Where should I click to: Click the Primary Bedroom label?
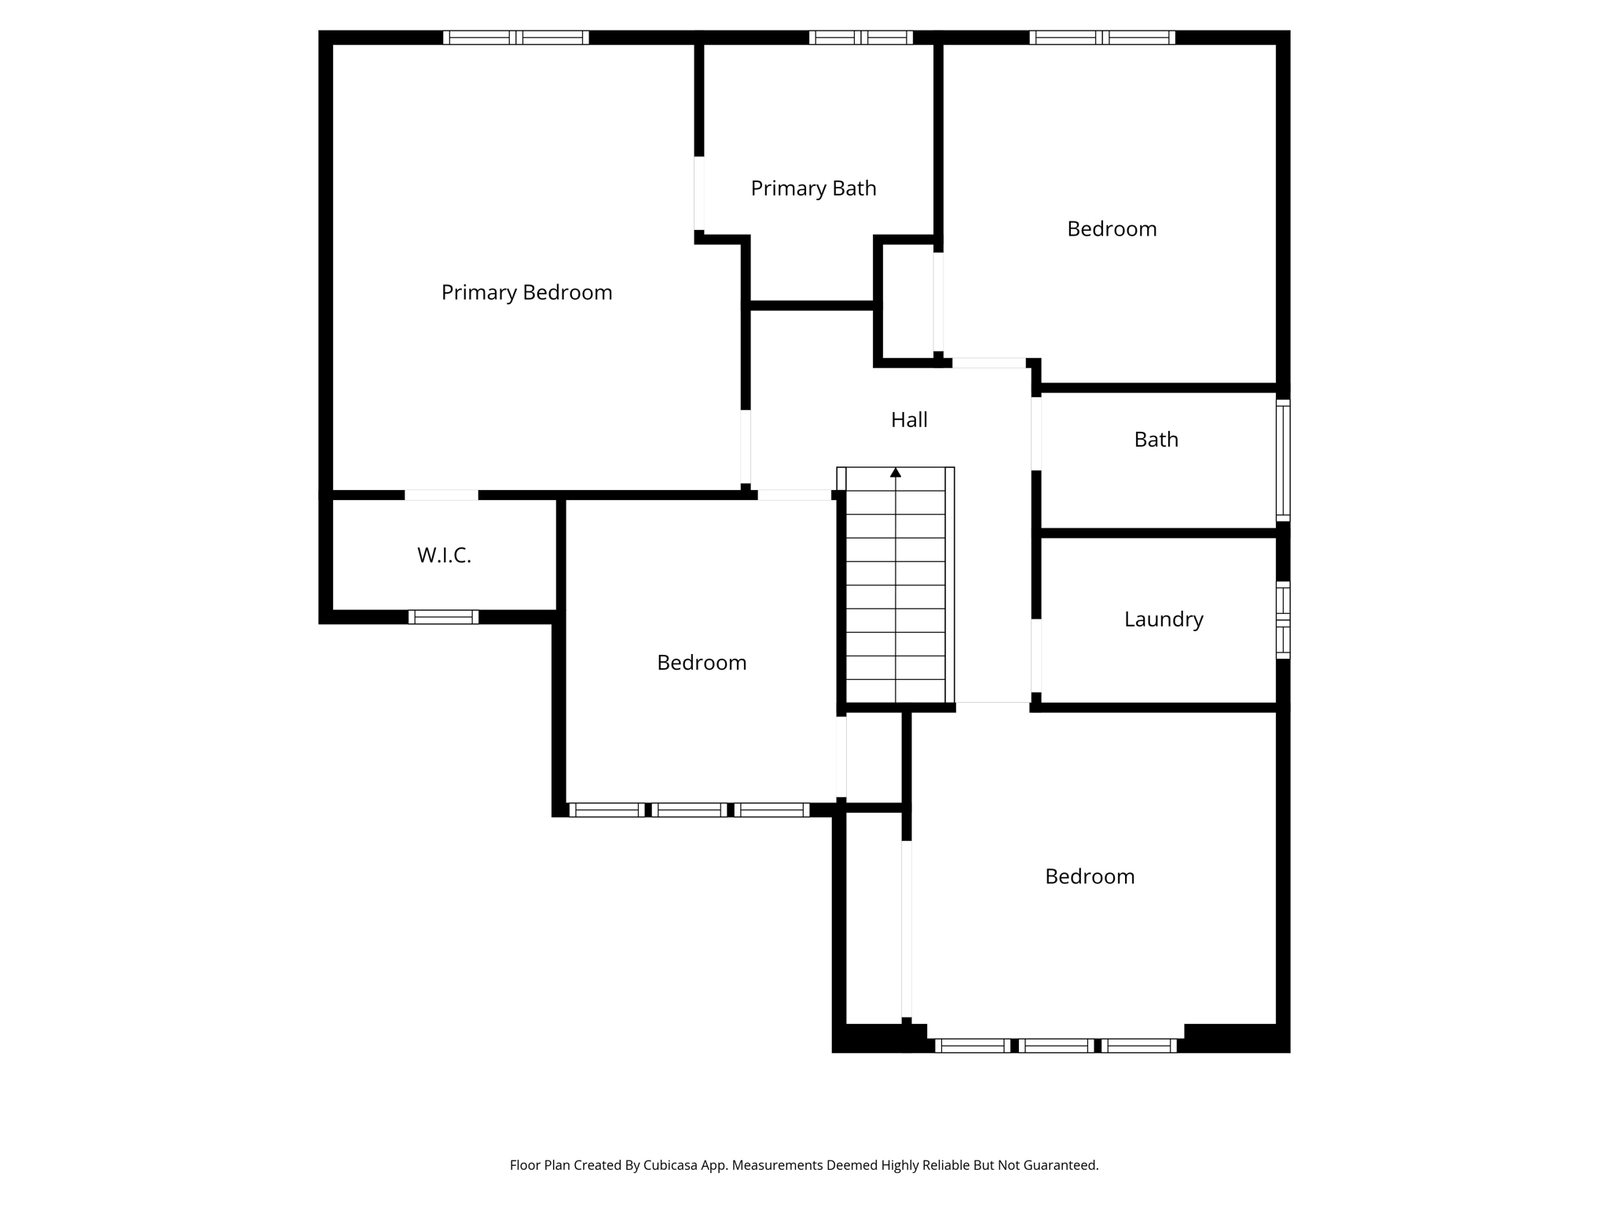tap(526, 293)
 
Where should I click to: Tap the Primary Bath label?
tap(813, 188)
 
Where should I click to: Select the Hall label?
tap(909, 420)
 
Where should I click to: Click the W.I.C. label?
tap(444, 556)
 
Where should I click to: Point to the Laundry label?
tap(1163, 619)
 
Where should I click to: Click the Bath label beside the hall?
tap(1156, 440)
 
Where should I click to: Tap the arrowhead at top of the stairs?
tap(895, 473)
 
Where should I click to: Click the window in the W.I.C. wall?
tap(443, 617)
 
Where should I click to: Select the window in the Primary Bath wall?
tap(860, 37)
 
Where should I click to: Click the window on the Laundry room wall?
tap(1282, 619)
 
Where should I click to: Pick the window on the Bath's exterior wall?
tap(1282, 460)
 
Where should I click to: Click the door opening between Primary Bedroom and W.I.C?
tap(441, 495)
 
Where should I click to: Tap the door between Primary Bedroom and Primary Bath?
tap(698, 193)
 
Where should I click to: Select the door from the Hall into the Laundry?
tap(1036, 656)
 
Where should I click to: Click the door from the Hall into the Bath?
tap(1036, 433)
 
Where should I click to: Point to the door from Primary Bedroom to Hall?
tap(745, 446)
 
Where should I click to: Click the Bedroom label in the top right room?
tap(1111, 229)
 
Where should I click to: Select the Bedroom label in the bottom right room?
tap(1089, 877)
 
